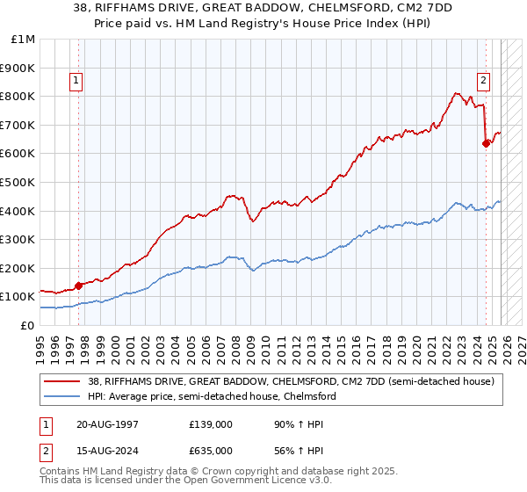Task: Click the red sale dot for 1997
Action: point(78,285)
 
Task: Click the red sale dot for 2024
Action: point(486,144)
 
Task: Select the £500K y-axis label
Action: point(18,182)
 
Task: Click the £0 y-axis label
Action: point(26,325)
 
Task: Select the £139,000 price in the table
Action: point(211,425)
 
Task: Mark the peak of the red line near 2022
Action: point(455,92)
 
